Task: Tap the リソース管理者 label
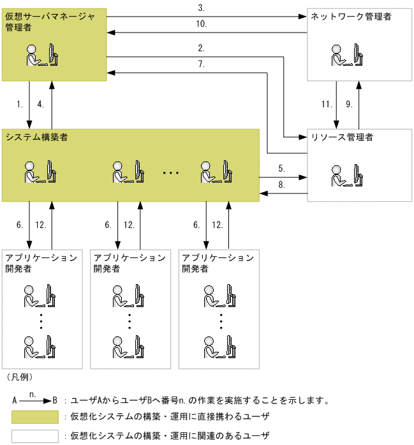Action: tap(342, 137)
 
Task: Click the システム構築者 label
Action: tap(37, 137)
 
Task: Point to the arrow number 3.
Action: tap(201, 8)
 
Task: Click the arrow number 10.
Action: tap(201, 24)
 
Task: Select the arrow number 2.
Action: tap(201, 49)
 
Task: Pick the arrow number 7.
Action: tap(201, 64)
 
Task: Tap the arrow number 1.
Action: tap(20, 105)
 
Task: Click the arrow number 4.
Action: tap(40, 105)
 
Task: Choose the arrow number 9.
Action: tap(348, 105)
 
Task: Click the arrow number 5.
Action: tap(281, 169)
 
